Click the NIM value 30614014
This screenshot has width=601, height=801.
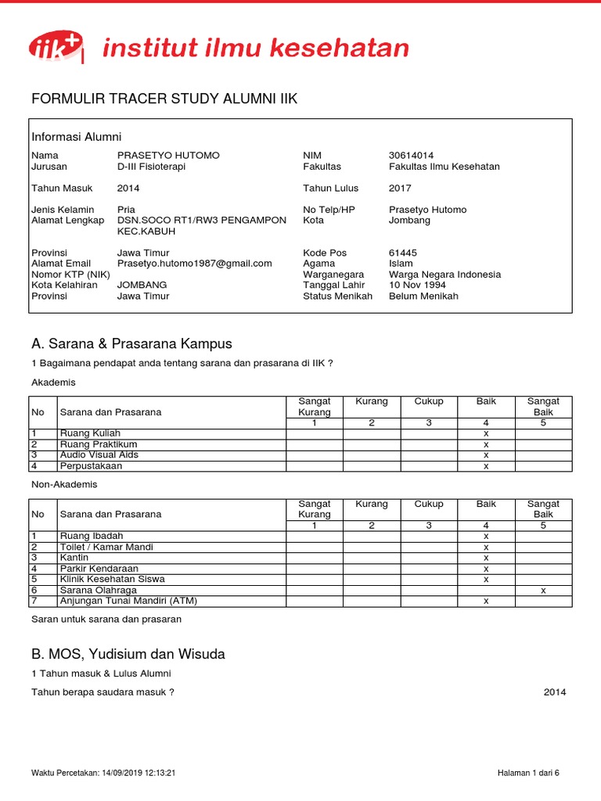411,156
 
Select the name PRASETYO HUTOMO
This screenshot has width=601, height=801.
168,156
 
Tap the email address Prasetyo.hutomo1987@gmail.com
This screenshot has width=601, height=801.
194,264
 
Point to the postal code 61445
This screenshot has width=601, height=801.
403,253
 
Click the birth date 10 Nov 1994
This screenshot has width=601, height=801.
417,286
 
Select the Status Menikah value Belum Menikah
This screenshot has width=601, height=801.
423,296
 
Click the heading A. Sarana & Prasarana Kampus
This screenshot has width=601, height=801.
131,344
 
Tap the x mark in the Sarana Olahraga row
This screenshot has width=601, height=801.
543,591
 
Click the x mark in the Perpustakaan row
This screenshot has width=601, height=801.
486,466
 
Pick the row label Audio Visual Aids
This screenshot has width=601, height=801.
99,454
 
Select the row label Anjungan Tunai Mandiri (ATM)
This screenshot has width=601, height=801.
128,601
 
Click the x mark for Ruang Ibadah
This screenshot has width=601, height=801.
486,537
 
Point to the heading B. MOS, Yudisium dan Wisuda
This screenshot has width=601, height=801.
128,653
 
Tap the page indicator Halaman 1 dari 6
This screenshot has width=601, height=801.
528,773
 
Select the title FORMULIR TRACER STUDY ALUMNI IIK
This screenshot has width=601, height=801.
164,99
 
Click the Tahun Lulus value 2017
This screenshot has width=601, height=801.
400,188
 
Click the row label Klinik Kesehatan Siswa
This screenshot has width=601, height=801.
112,579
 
